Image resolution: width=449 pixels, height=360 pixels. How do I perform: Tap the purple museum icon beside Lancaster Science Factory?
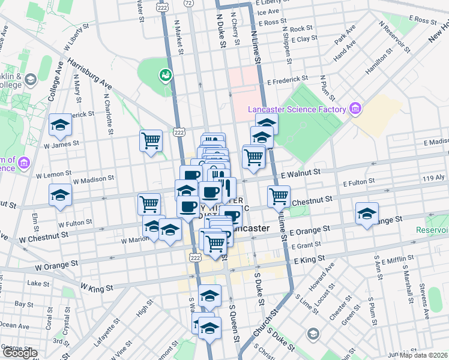coord(355,109)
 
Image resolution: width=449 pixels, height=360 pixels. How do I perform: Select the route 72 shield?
coord(188,3)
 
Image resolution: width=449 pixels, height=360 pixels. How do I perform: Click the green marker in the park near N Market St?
coord(164,75)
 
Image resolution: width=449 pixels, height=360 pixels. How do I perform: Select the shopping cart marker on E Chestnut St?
coord(279,196)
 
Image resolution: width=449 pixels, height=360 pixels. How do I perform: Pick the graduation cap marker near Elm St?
coord(60,195)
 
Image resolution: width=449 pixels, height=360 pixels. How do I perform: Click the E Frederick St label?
coord(288,79)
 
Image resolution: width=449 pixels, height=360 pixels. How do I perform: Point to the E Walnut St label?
coord(300,172)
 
